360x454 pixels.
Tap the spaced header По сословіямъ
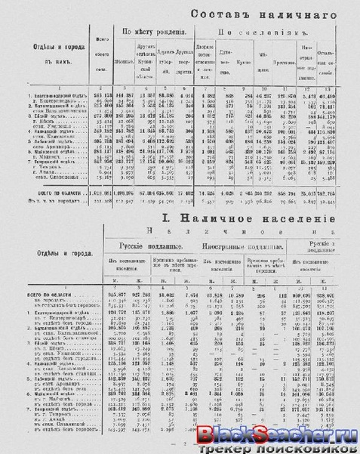click(269, 33)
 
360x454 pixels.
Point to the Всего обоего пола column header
click(95, 57)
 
